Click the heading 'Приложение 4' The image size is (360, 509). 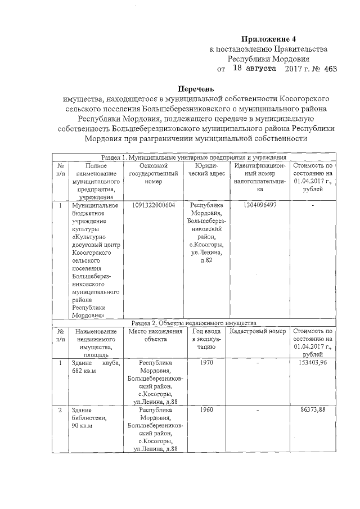click(x=268, y=39)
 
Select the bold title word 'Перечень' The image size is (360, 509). click(x=196, y=88)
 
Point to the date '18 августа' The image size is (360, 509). click(x=254, y=68)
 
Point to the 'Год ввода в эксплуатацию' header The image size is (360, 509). click(x=208, y=339)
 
